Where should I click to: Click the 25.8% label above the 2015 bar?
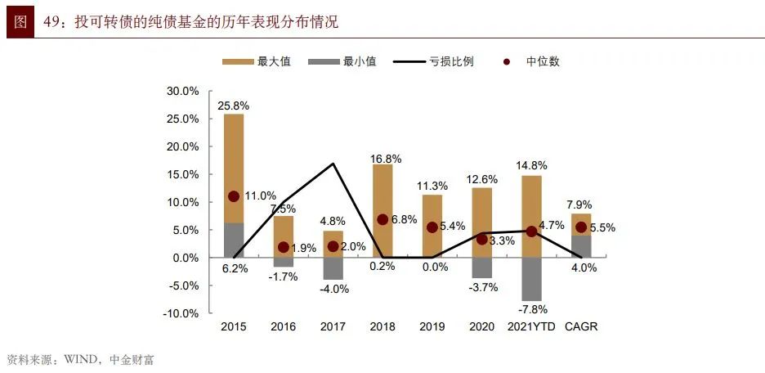(234, 106)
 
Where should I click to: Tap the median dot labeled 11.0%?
(234, 196)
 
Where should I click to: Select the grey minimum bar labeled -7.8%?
(531, 279)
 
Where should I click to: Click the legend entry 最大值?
(257, 61)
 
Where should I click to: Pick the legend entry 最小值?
(343, 61)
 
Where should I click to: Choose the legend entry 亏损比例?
(432, 61)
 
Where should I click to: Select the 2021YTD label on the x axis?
(531, 327)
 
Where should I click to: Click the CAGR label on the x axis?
(581, 327)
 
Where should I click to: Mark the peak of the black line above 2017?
(333, 164)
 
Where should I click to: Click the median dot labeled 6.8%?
(382, 219)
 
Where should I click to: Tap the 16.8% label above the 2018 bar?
(382, 158)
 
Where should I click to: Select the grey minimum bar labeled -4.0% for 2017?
(333, 268)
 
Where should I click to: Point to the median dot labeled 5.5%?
(581, 227)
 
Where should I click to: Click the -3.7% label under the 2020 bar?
(482, 287)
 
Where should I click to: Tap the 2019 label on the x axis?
(432, 327)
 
